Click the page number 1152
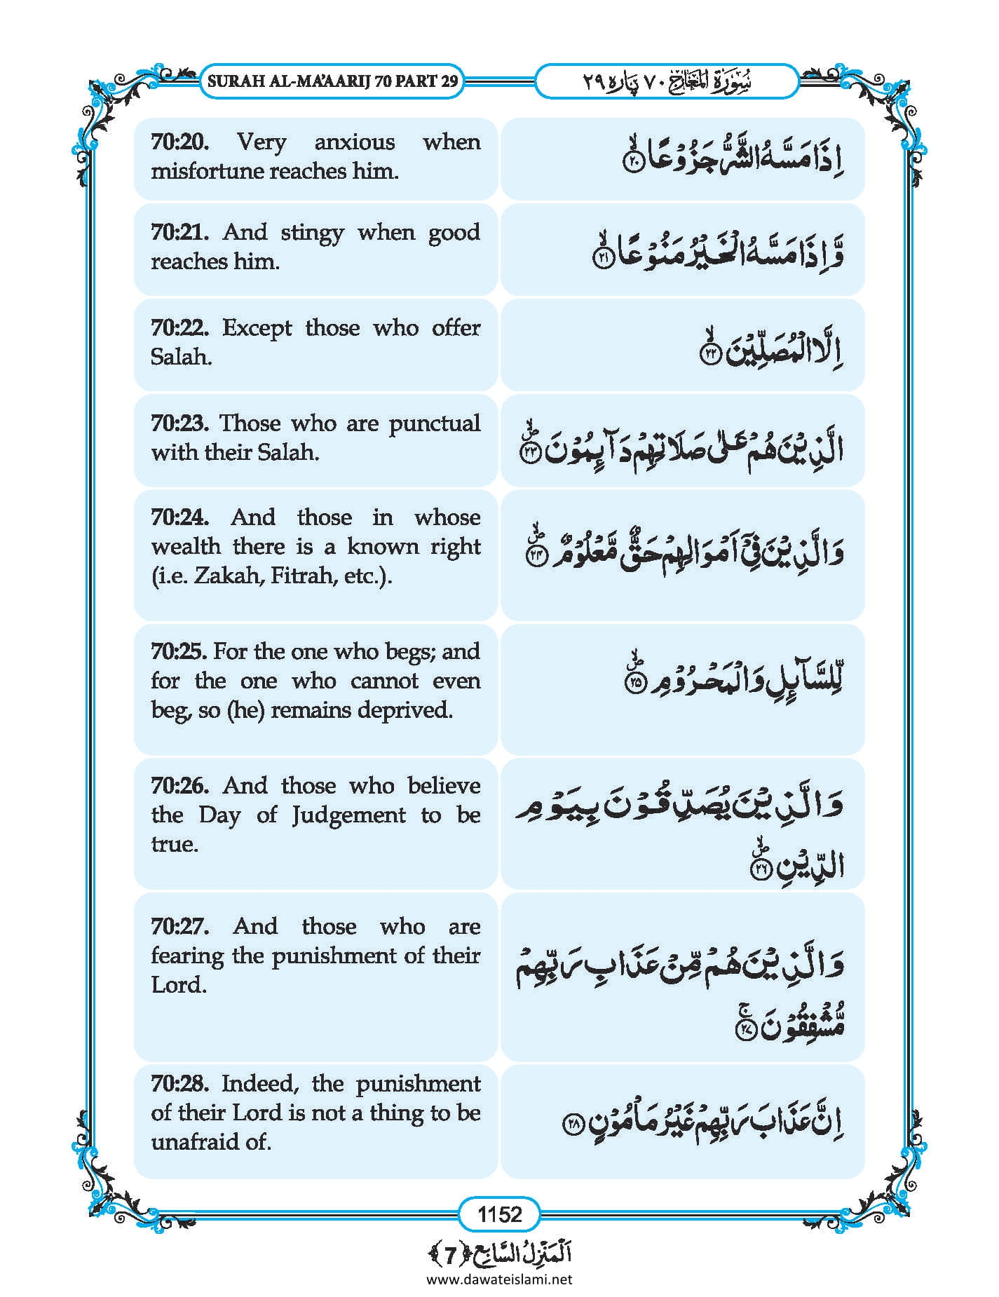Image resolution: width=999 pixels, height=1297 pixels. pyautogui.click(x=499, y=1214)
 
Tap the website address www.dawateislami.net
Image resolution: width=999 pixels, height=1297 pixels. pyautogui.click(x=499, y=1279)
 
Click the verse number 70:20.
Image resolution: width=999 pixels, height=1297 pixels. pyautogui.click(x=180, y=142)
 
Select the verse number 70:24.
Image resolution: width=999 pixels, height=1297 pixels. pyautogui.click(x=180, y=517)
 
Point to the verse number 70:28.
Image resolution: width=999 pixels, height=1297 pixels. pyautogui.click(x=180, y=1084)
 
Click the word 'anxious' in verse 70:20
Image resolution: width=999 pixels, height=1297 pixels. pyautogui.click(x=354, y=142)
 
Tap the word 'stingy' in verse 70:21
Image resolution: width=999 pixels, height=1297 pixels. pyautogui.click(x=312, y=232)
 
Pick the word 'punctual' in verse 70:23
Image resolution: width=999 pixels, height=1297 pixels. pyautogui.click(x=434, y=423)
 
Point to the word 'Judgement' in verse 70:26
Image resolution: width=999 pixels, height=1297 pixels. pyautogui.click(x=348, y=815)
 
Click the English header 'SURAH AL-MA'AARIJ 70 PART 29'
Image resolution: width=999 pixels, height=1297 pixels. pyautogui.click(x=333, y=81)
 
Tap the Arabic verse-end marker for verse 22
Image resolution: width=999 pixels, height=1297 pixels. pyautogui.click(x=710, y=355)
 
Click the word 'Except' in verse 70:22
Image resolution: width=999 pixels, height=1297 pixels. pyautogui.click(x=257, y=328)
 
